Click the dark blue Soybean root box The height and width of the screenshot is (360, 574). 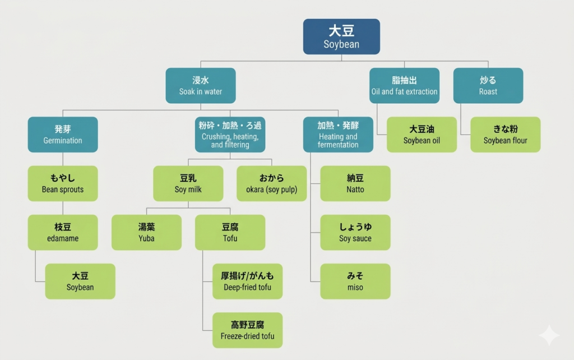pyautogui.click(x=341, y=36)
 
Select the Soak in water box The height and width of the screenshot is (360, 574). pyautogui.click(x=200, y=85)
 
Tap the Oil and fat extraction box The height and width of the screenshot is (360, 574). pyautogui.click(x=404, y=85)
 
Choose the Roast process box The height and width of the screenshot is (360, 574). pyautogui.click(x=488, y=85)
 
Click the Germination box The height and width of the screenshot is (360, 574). pyautogui.click(x=63, y=135)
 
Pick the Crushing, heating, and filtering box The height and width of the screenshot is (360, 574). pyautogui.click(x=230, y=135)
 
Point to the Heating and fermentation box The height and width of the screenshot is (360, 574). pyautogui.click(x=338, y=135)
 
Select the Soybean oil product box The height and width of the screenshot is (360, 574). pyautogui.click(x=422, y=135)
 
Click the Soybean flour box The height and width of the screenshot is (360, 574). pyautogui.click(x=505, y=135)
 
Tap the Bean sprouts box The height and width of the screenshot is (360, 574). pyautogui.click(x=63, y=183)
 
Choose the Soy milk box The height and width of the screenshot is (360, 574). pyautogui.click(x=188, y=183)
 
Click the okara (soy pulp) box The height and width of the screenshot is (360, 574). pyautogui.click(x=271, y=183)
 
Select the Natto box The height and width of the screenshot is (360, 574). pyautogui.click(x=355, y=183)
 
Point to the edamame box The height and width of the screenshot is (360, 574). pyautogui.click(x=63, y=232)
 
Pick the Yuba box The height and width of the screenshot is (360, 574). pyautogui.click(x=146, y=232)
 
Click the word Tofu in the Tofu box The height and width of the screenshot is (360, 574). pyautogui.click(x=230, y=238)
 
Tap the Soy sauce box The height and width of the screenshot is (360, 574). pyautogui.click(x=355, y=232)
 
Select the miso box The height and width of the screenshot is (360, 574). pyautogui.click(x=355, y=281)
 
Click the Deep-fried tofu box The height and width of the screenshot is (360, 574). pyautogui.click(x=247, y=281)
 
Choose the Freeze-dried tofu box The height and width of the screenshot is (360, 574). pyautogui.click(x=247, y=330)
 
